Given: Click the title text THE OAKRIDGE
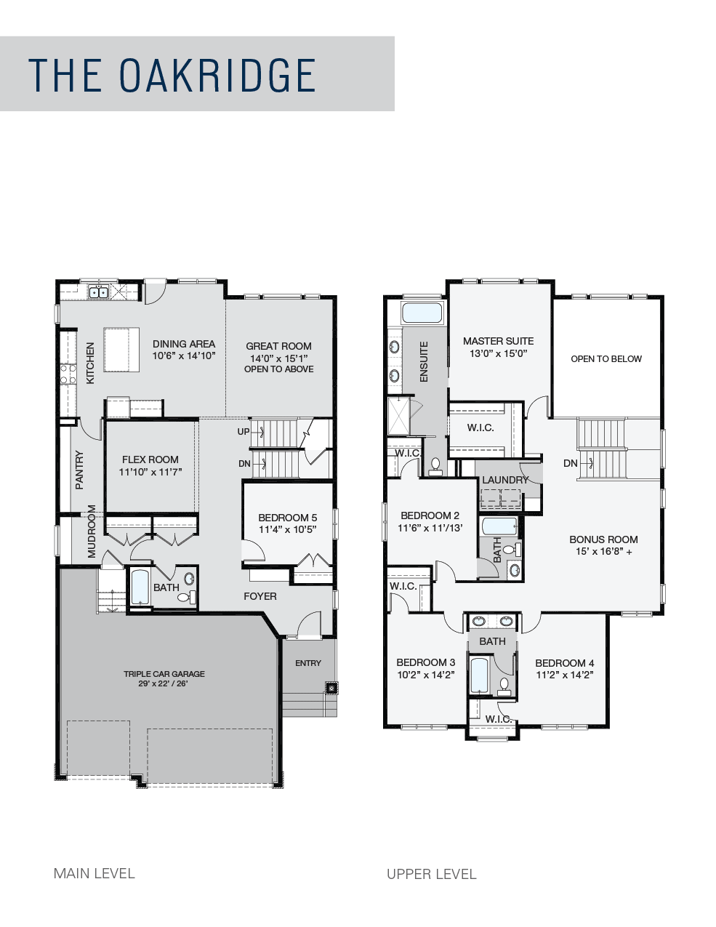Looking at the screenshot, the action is click(172, 75).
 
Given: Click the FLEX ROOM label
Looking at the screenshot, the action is click(150, 460).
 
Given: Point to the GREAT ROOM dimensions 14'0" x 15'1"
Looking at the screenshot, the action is click(279, 358).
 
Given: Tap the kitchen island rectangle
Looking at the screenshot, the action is click(121, 350).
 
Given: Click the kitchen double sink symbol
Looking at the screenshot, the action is click(99, 292).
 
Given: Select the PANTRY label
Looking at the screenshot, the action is click(79, 470).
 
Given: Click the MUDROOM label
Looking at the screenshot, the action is click(92, 531).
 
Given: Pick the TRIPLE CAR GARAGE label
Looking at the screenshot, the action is click(164, 674).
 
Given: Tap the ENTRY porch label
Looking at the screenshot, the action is click(308, 663).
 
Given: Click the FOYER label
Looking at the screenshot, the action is click(260, 596).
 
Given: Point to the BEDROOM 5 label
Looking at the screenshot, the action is click(288, 518).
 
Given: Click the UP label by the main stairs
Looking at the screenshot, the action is click(243, 431).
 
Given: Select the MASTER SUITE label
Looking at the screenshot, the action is click(499, 341).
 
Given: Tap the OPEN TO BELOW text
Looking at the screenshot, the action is click(606, 358).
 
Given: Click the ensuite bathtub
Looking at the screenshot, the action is click(422, 313).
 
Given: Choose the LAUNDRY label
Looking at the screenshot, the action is click(505, 480).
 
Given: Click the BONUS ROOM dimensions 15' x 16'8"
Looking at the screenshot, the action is click(604, 551).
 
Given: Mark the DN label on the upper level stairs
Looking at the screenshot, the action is click(570, 463).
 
